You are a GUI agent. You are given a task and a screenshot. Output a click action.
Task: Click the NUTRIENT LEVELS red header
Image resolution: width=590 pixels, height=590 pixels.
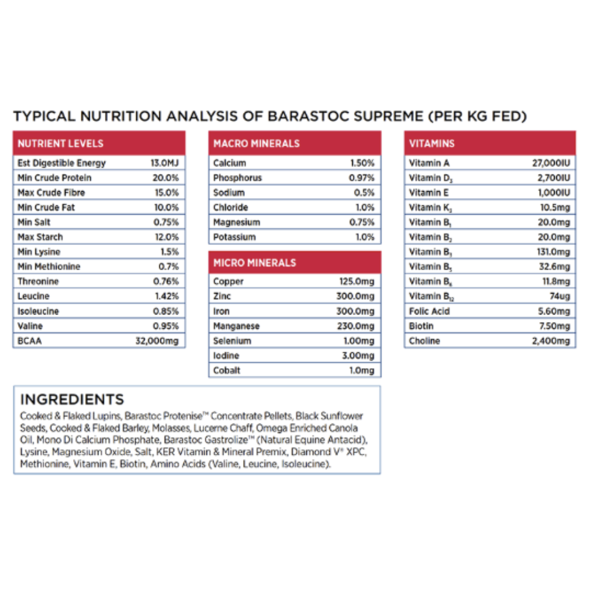point(61,143)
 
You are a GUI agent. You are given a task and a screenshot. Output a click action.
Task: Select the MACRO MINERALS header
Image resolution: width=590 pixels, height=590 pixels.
point(257,143)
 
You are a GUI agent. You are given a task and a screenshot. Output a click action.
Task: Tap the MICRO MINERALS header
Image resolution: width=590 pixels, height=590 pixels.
point(255,263)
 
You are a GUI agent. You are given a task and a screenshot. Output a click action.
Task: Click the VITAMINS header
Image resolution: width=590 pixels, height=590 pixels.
point(431,143)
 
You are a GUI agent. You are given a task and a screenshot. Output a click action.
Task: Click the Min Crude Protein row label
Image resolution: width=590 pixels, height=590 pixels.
point(55,178)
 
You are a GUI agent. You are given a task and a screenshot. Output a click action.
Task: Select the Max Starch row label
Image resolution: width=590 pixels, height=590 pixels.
point(40,237)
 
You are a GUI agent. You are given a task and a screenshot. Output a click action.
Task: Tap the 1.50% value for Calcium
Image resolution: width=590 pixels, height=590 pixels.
point(362,163)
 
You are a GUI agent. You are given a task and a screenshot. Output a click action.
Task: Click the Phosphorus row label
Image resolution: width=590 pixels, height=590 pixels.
point(238,178)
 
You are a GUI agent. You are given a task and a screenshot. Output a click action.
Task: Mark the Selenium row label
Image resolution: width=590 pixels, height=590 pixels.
point(232,341)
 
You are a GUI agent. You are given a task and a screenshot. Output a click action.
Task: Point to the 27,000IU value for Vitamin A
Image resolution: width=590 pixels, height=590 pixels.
point(551,163)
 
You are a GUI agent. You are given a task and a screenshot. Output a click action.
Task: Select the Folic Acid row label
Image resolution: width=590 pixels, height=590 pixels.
point(430,312)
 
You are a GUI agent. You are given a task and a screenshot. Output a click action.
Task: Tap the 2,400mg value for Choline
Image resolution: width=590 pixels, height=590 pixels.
point(551,341)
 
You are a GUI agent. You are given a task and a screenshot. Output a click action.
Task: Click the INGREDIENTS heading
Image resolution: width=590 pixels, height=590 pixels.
point(72,399)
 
